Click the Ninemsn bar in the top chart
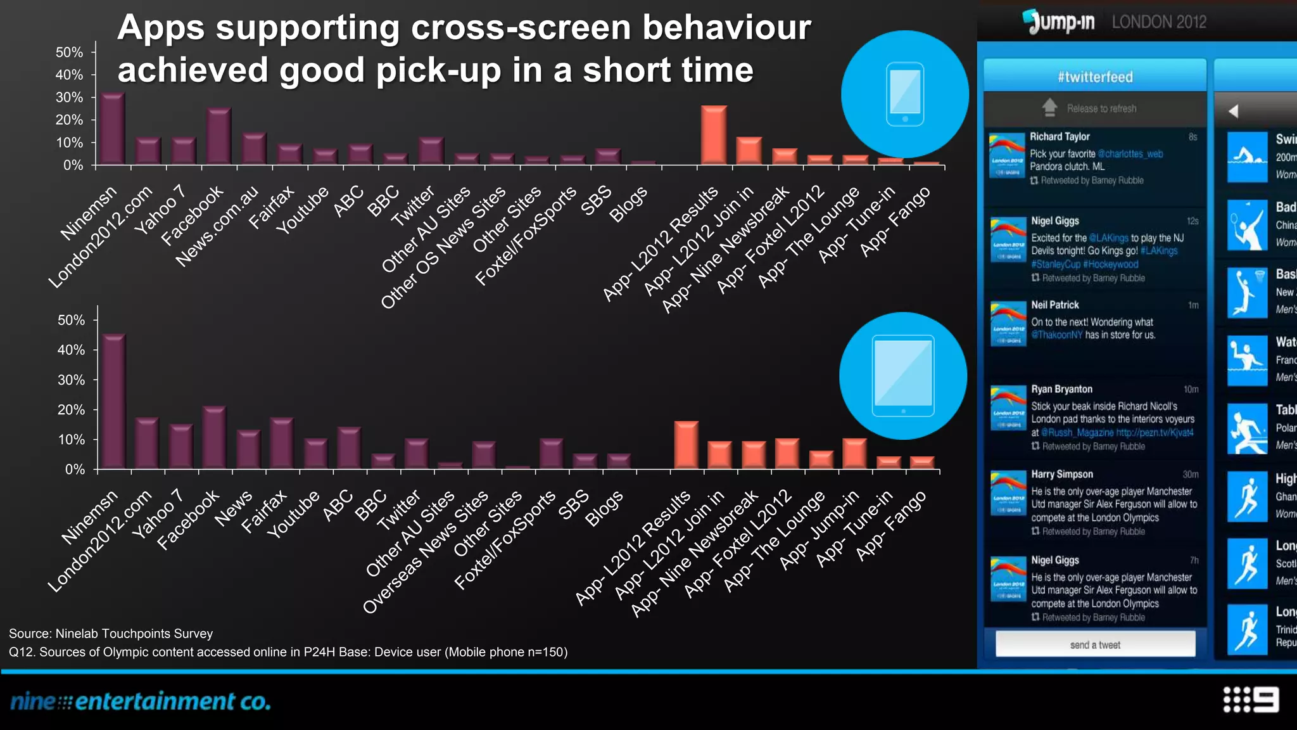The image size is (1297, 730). pos(113,129)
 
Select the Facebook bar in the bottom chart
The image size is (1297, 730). pos(214,438)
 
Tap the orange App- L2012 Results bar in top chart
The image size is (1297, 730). pos(714,136)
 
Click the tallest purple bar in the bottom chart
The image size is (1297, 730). pos(114,402)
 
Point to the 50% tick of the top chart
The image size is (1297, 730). pos(70,52)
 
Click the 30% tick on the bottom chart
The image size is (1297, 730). pos(72,380)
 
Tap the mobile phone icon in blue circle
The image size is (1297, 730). pos(904,94)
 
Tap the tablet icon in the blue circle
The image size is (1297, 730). pos(902,375)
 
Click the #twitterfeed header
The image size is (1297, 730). pos(1095,77)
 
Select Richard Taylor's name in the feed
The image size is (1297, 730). pos(1060,136)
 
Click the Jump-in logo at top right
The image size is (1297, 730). pos(1059,22)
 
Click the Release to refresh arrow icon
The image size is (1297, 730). pos(1049,108)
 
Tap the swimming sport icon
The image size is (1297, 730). pos(1246,157)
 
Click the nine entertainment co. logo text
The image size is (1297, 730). pos(141,701)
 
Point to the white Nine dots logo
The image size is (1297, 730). pos(1251,700)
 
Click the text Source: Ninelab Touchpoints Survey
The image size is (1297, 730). pos(111,634)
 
